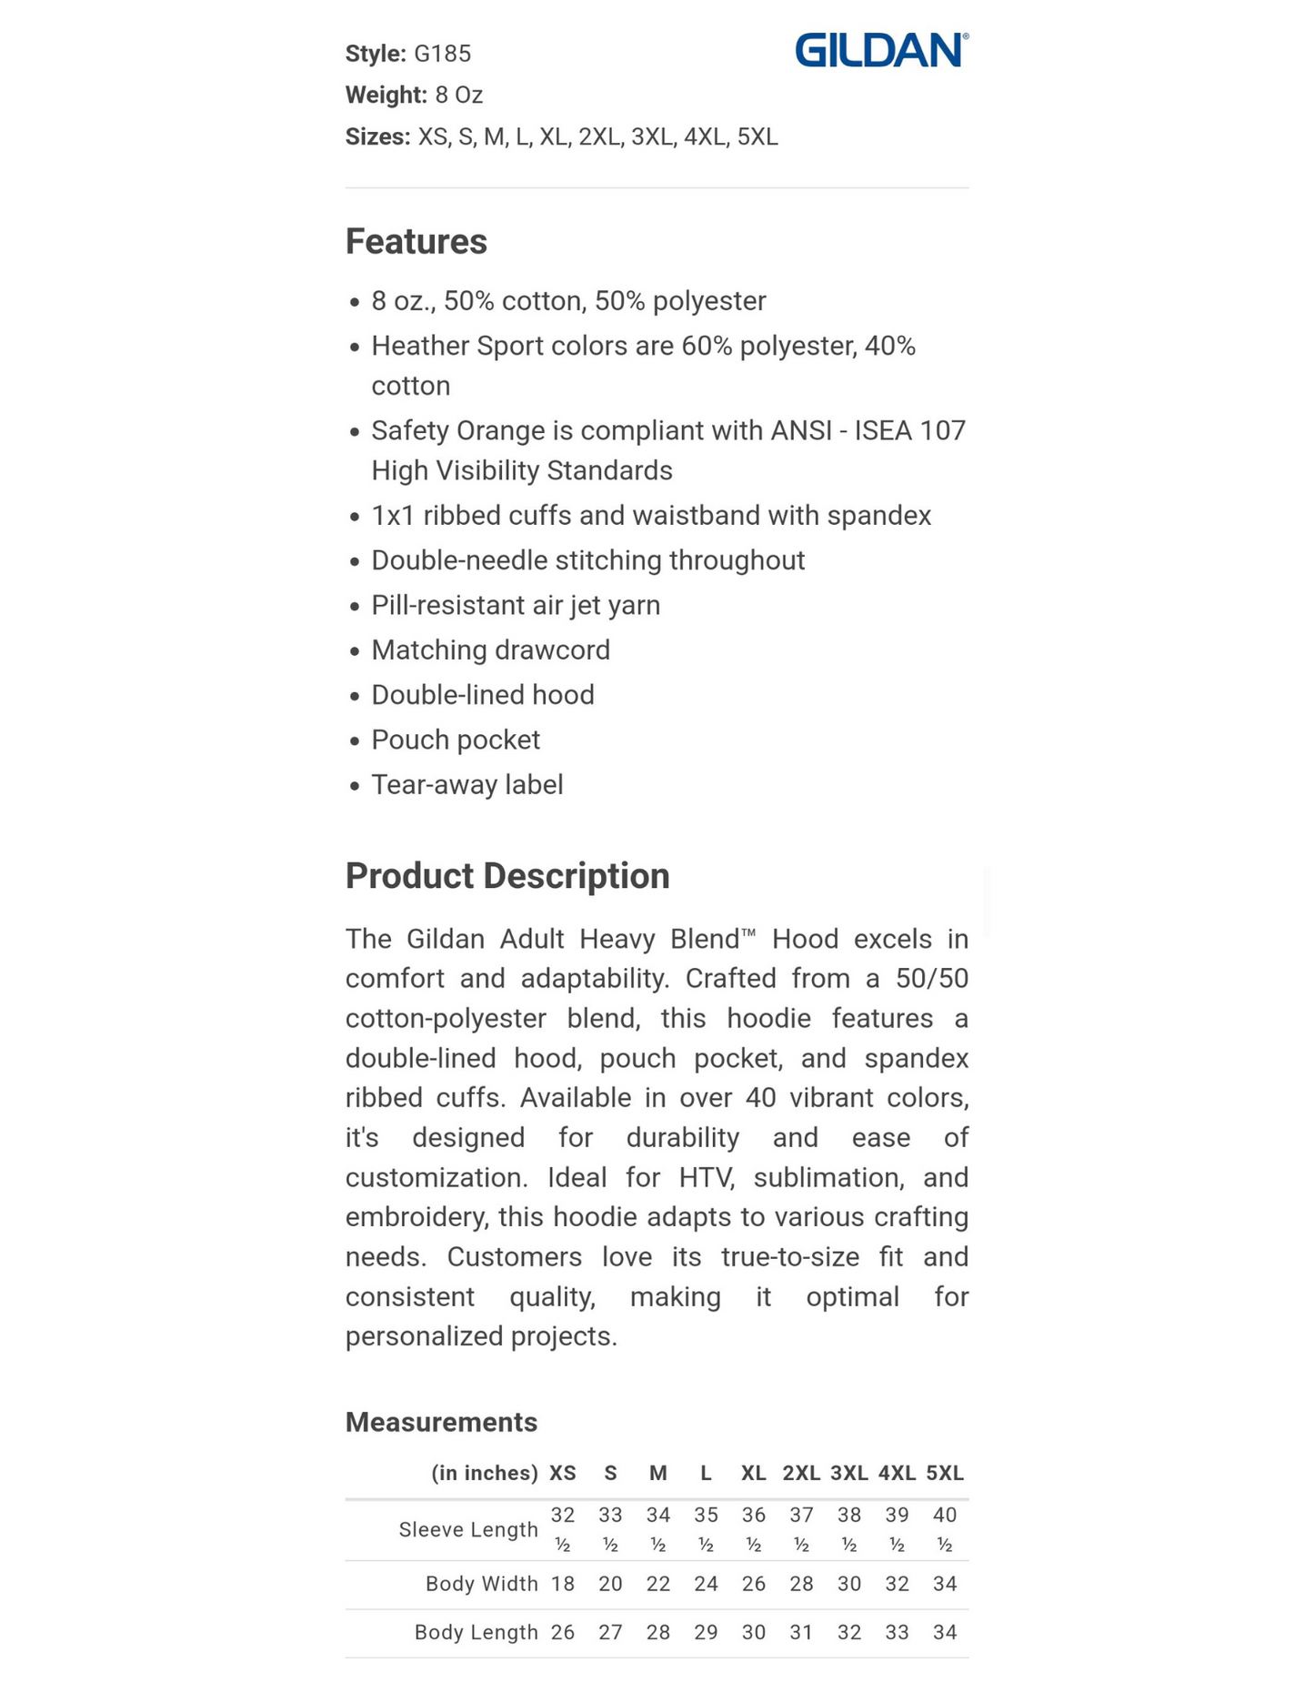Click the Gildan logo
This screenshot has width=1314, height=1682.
click(x=880, y=50)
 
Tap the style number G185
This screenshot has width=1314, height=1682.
click(x=442, y=54)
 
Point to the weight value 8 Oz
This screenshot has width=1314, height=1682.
click(x=458, y=95)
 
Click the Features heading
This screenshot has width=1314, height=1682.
click(x=416, y=242)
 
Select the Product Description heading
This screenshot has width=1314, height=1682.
click(x=507, y=876)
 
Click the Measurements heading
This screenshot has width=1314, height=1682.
click(x=441, y=1422)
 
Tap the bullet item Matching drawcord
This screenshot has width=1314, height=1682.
click(x=490, y=650)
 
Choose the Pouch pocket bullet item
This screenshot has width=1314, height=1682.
click(x=455, y=740)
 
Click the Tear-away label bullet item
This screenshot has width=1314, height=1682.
click(x=466, y=784)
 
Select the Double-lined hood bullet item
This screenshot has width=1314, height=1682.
click(x=482, y=695)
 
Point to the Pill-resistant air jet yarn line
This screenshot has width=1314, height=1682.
click(x=515, y=605)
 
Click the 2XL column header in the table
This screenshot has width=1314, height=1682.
click(x=801, y=1473)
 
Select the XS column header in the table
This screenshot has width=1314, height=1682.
click(x=563, y=1473)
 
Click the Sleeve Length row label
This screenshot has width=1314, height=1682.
click(x=468, y=1529)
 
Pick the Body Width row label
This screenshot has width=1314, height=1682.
click(x=481, y=1584)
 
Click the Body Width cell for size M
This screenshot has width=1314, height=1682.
click(x=658, y=1584)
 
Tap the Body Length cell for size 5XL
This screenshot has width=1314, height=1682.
click(x=945, y=1632)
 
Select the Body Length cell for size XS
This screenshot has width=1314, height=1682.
click(x=563, y=1632)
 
